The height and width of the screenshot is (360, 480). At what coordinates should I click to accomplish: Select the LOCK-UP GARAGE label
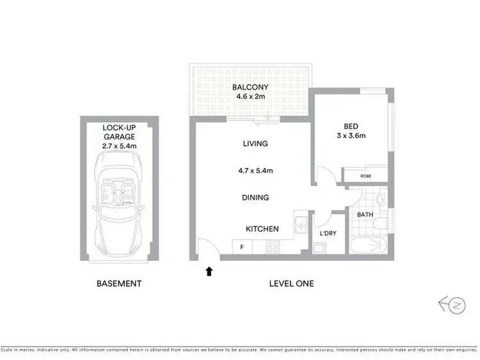[120, 132]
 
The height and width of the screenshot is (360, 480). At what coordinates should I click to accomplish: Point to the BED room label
[351, 125]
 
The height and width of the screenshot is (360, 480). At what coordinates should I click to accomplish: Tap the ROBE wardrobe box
[365, 175]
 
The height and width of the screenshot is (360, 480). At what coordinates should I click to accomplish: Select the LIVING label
[255, 144]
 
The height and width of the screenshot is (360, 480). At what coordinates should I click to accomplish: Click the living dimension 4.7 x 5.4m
[255, 171]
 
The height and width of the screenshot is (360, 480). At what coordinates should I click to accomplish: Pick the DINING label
[255, 198]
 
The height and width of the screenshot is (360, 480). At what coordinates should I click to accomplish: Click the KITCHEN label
[262, 228]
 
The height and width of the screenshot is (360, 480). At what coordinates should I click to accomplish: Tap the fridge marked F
[242, 247]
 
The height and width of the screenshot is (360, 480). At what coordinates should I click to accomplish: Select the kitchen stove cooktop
[273, 247]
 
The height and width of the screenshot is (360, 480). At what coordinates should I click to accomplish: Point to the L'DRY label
[328, 233]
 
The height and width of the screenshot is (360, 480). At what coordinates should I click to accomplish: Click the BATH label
[365, 214]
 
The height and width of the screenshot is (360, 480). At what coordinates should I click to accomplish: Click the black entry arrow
[209, 272]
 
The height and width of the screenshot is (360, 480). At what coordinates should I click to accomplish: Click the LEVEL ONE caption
[291, 283]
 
